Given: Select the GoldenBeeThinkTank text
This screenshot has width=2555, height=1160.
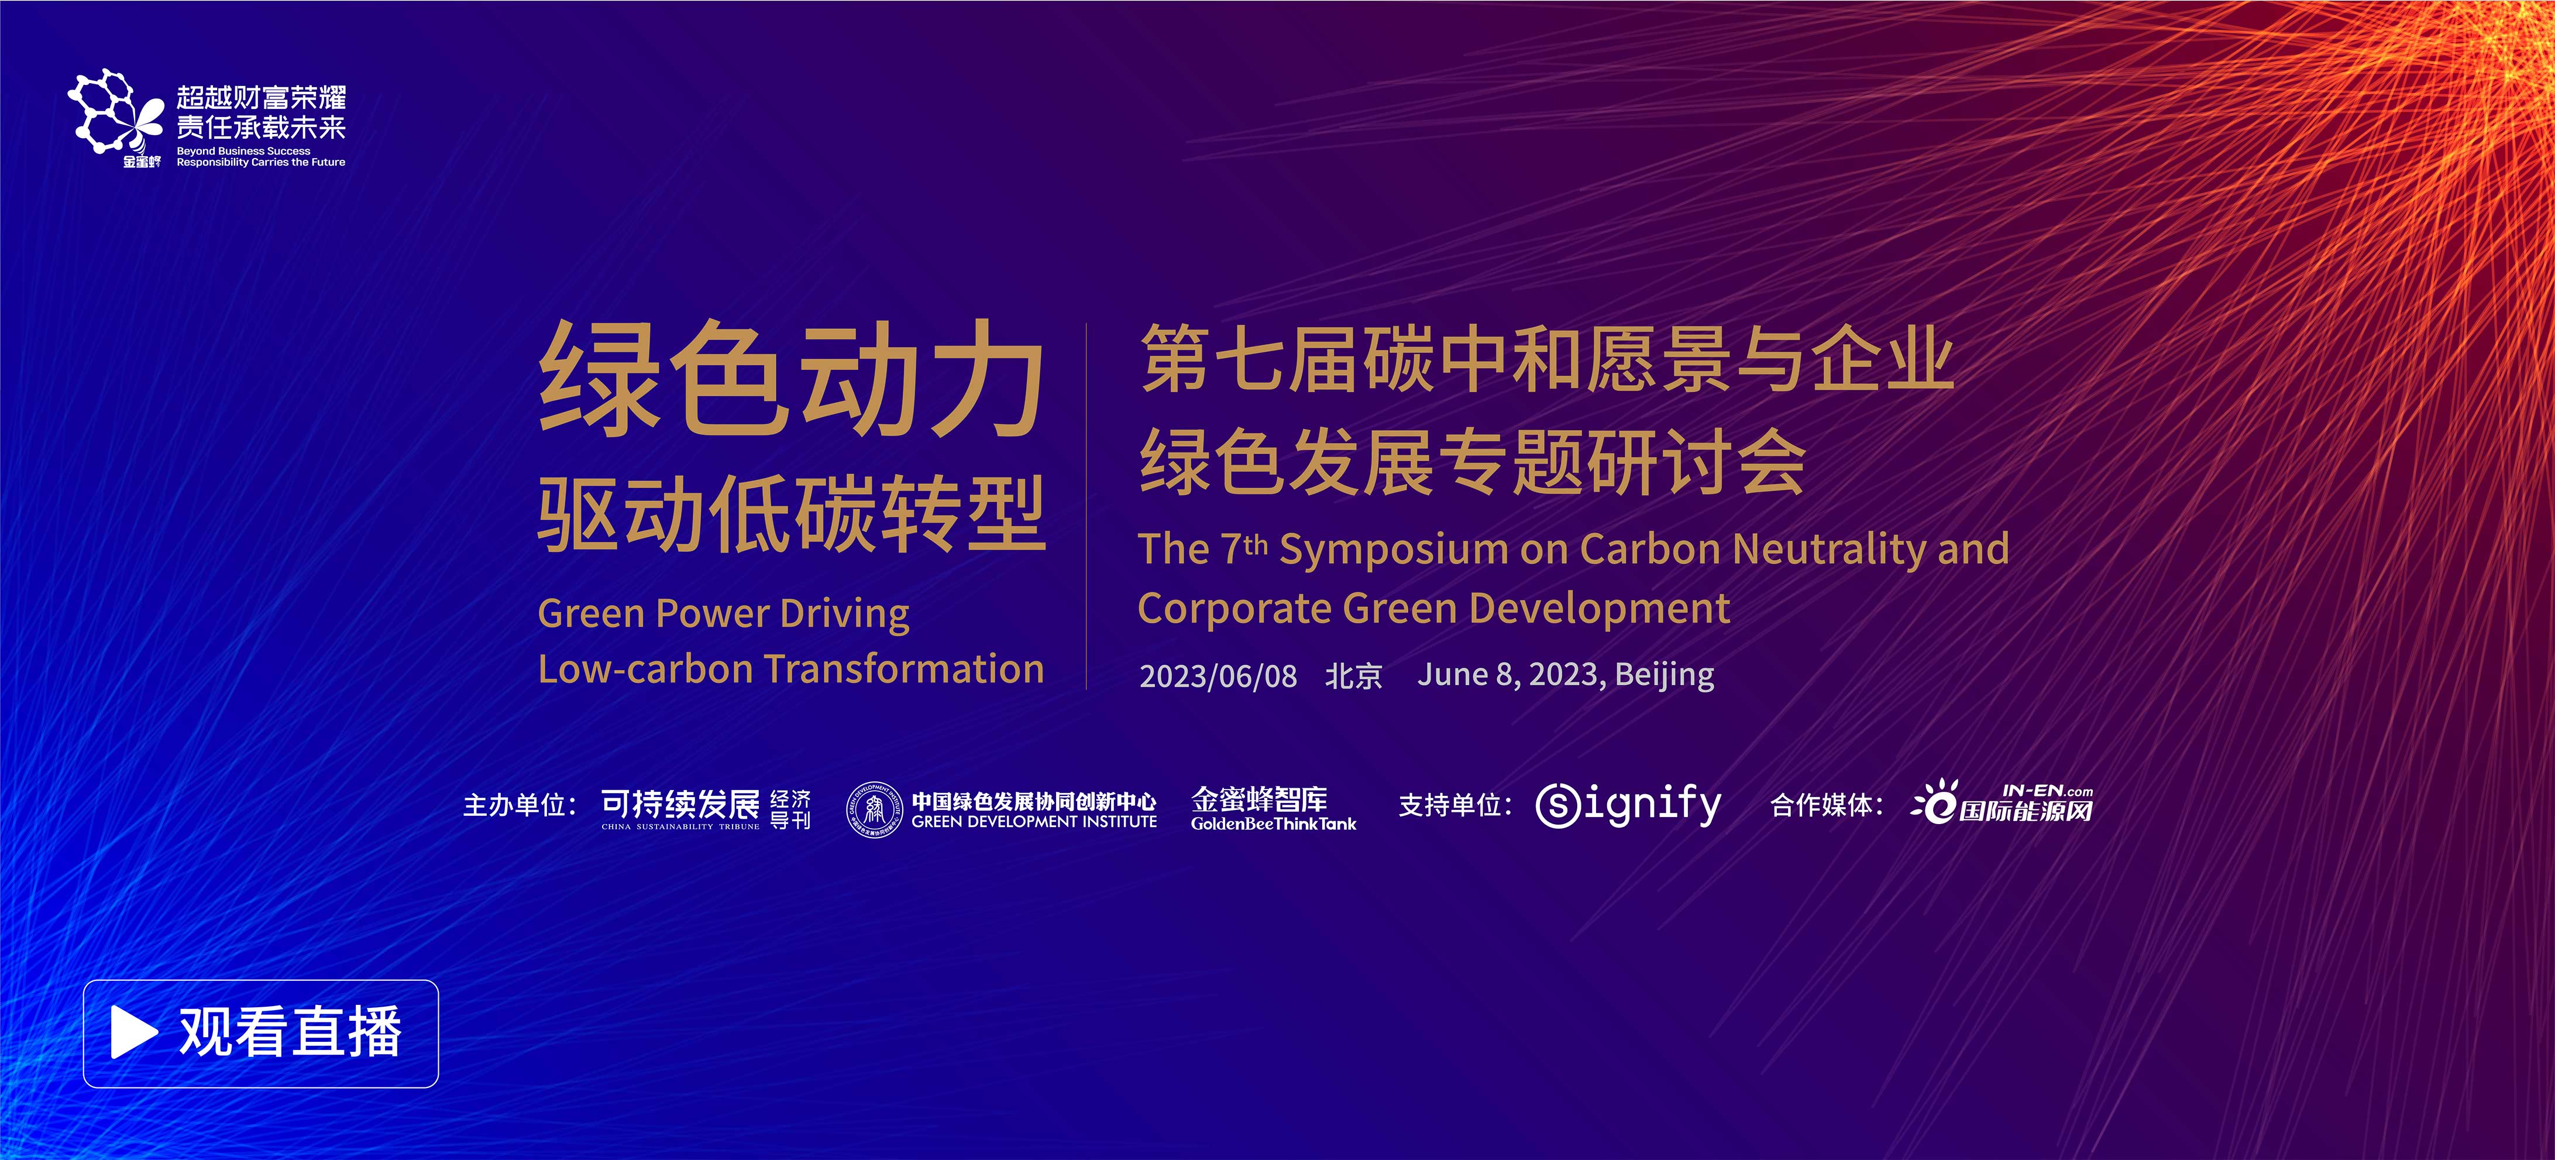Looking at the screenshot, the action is [x=1274, y=823].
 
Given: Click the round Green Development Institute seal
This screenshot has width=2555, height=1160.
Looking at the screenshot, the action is [x=874, y=809].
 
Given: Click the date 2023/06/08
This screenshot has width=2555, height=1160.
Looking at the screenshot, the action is [x=1218, y=676].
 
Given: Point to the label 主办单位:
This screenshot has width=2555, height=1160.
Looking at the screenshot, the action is [x=520, y=805].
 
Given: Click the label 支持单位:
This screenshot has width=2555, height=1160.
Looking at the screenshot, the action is [x=1455, y=805].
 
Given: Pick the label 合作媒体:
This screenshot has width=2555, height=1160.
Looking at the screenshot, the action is [x=1827, y=805].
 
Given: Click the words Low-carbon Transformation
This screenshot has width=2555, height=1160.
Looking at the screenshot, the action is [x=790, y=669].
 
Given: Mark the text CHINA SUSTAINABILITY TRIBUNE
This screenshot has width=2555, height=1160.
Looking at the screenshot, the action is [x=680, y=826].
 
